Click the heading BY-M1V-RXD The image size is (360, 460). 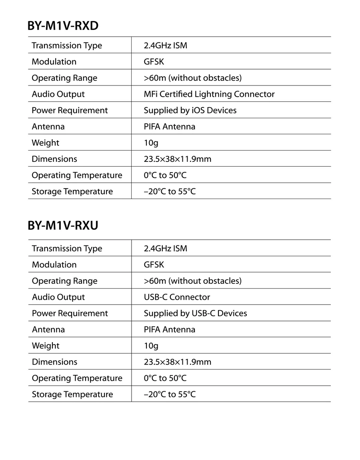pos(63,26)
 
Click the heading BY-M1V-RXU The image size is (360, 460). pos(63,225)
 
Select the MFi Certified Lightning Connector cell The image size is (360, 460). pos(209,94)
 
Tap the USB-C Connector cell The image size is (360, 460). pos(177,297)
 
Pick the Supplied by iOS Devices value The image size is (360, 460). pos(190,110)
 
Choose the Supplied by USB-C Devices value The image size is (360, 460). pos(195,313)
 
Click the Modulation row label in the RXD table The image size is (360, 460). pos(54,62)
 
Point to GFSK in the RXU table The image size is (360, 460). pos(154,265)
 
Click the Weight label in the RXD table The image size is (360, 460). pos(45,143)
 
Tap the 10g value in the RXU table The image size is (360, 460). pos(151,346)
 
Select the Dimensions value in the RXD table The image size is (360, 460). pos(177,159)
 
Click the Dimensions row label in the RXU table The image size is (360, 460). pos(54,362)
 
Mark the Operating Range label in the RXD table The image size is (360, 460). pos(64,78)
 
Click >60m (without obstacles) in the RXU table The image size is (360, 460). pos(192,281)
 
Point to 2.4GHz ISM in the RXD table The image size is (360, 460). pos(165,46)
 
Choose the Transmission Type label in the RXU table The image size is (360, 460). pos(67,249)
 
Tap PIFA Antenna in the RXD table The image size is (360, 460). pos(169,127)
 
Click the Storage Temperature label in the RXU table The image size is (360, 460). pos(72,394)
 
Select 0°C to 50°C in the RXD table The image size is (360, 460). pos(165,175)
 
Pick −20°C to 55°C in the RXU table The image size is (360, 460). pos(170,394)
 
